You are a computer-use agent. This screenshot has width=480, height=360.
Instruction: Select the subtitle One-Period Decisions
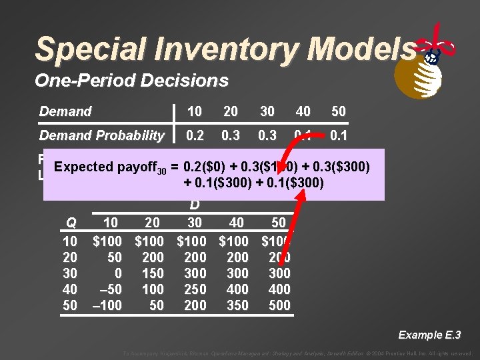pos(131,81)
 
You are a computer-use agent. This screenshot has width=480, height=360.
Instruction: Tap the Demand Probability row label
pos(101,135)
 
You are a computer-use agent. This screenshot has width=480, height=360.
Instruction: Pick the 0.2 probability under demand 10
pos(195,135)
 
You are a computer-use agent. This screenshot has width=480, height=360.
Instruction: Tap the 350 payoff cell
pos(237,305)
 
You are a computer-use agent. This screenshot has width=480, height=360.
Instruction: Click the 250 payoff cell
pos(195,289)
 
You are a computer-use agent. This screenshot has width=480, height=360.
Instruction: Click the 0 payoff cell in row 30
pos(119,273)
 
